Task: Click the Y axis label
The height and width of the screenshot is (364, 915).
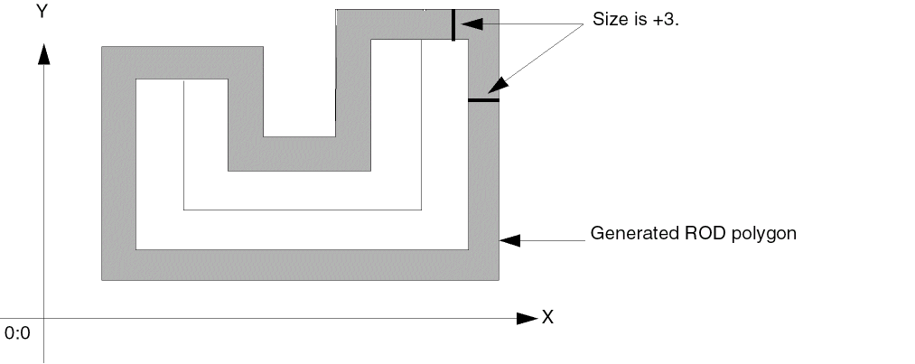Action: [x=42, y=12]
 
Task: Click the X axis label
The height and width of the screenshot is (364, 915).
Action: [x=546, y=317]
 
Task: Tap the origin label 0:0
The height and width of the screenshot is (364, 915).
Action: [x=17, y=333]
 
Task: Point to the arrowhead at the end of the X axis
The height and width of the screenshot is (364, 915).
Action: [x=527, y=318]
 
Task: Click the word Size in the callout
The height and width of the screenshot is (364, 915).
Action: [x=608, y=19]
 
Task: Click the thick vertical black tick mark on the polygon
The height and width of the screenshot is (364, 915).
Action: [x=453, y=24]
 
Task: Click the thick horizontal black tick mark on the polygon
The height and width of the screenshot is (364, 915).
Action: [x=483, y=99]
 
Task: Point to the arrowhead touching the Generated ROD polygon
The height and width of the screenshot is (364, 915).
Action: [x=509, y=240]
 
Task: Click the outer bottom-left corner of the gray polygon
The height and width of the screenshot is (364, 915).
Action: [x=102, y=280]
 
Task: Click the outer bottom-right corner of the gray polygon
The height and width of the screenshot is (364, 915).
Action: [x=499, y=280]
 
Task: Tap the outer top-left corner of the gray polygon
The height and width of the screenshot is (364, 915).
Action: [x=102, y=46]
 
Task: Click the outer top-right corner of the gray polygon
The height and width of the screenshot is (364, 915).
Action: [x=499, y=10]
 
